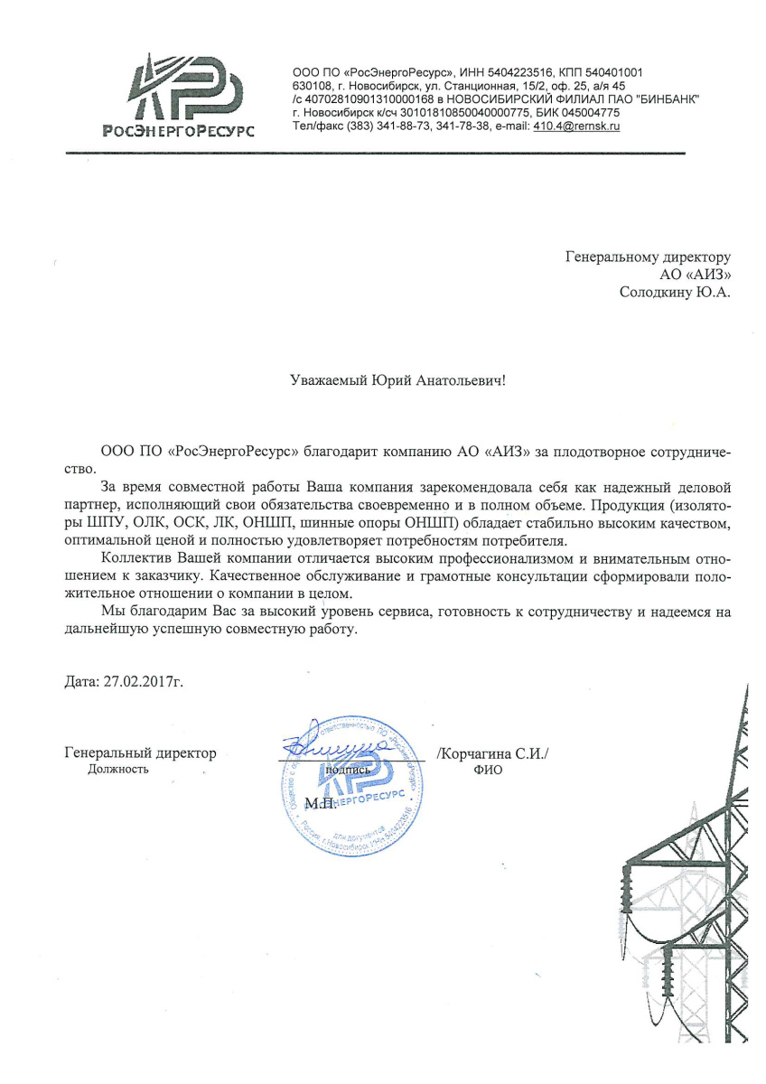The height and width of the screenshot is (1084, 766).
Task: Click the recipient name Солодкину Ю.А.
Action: (674, 292)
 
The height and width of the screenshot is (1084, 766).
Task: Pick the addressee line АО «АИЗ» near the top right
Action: (696, 275)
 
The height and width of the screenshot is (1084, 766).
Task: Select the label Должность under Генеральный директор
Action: (118, 770)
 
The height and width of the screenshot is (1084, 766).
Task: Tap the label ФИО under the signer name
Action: (487, 771)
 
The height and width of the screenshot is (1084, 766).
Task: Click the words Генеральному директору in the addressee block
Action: (648, 257)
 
